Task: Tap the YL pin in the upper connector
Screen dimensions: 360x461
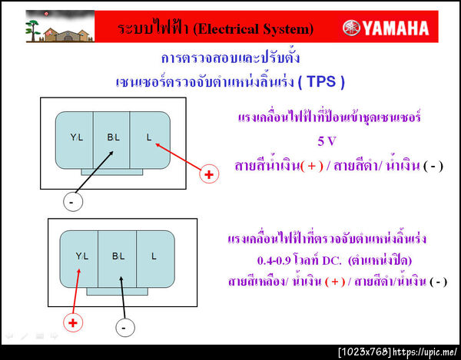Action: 76,137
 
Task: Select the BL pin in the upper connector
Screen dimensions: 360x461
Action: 113,137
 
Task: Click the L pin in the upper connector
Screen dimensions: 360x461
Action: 151,137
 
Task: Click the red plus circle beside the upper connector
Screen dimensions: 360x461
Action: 208,175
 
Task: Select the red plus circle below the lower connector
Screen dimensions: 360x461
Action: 72,322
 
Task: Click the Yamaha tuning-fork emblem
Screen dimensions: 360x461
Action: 348,28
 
